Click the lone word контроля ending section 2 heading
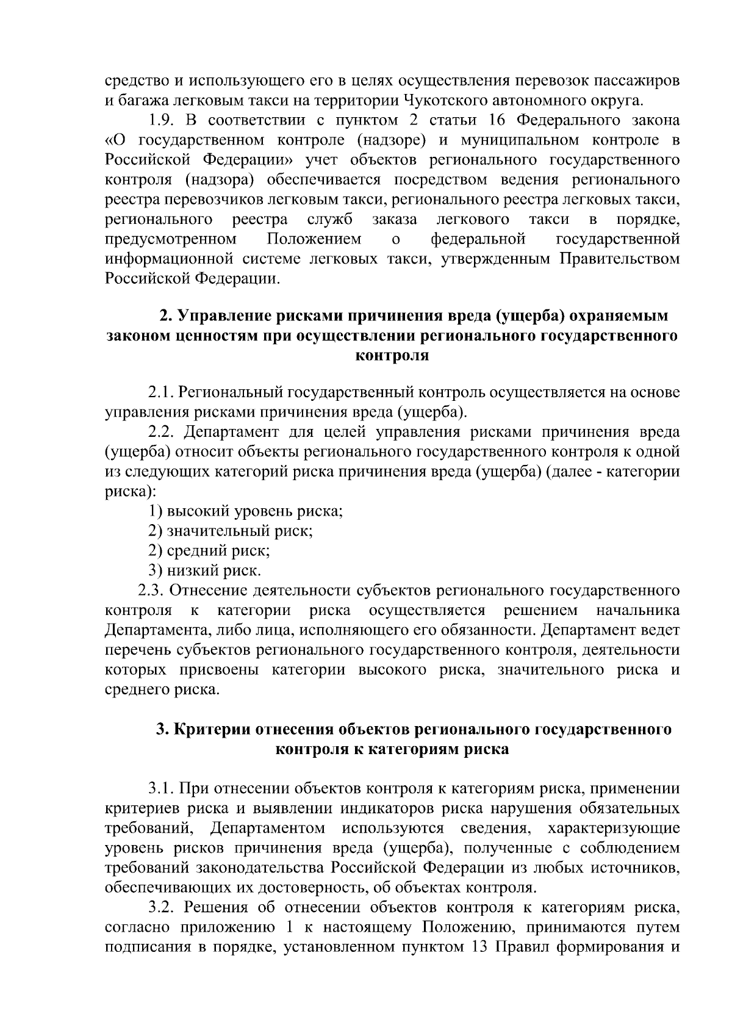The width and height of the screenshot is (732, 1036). tap(392, 356)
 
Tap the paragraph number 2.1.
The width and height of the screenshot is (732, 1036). tap(162, 392)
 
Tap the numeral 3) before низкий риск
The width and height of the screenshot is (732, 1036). tap(156, 571)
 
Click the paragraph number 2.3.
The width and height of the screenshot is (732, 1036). tap(151, 591)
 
